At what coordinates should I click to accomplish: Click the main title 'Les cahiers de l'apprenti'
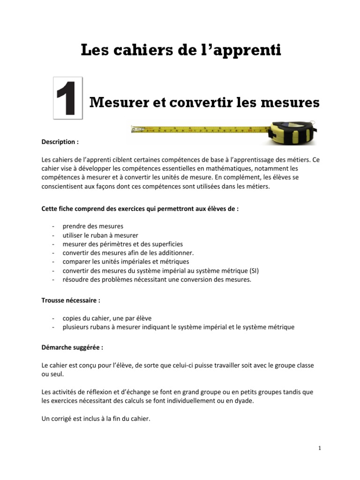coord(181,50)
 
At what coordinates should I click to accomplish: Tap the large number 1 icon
coord(68,97)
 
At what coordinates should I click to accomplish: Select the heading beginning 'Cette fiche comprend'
coord(140,209)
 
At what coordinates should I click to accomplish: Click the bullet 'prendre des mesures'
coord(93,226)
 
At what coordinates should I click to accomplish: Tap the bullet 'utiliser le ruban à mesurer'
coord(100,235)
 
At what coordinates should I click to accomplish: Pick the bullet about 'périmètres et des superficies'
coord(122,244)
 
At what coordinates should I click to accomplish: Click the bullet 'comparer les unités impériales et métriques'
coord(126,262)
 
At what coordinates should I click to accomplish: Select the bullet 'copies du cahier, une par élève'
coord(107,318)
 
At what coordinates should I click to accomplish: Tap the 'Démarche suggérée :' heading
coord(72,348)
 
